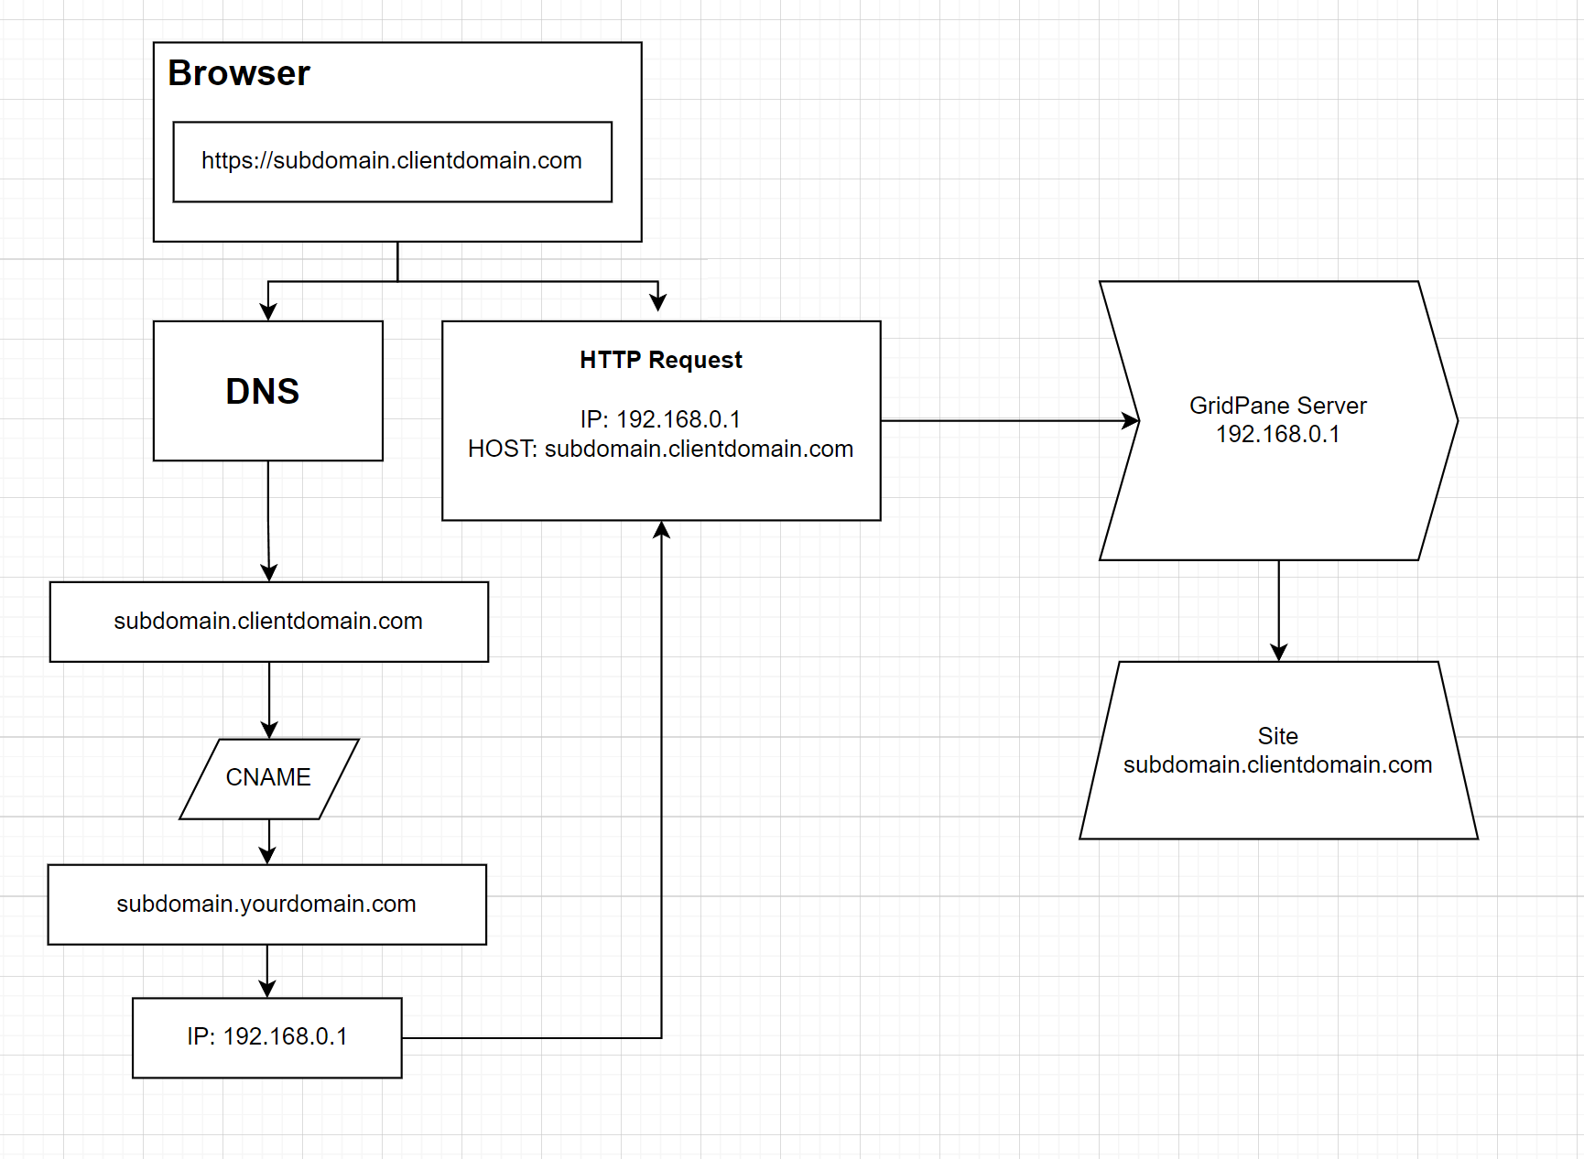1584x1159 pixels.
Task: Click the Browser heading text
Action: (x=239, y=73)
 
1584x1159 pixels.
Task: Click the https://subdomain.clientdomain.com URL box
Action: (x=392, y=161)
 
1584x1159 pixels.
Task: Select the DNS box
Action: (x=267, y=391)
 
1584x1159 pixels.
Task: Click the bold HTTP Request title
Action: (x=660, y=360)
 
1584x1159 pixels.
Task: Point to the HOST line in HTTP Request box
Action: (x=660, y=449)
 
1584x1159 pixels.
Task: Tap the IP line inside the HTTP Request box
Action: (x=660, y=419)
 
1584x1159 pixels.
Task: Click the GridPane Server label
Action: (x=1277, y=406)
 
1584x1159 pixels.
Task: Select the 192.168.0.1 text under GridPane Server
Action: (x=1277, y=434)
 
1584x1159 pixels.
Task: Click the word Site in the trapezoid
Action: (x=1277, y=736)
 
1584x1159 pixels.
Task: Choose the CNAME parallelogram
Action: (x=268, y=778)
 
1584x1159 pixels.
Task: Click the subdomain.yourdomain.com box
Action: (x=266, y=904)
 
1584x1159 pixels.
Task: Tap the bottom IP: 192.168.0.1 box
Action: (x=266, y=1037)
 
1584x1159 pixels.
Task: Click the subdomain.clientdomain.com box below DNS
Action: (x=268, y=622)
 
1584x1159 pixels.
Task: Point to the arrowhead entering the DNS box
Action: (x=268, y=311)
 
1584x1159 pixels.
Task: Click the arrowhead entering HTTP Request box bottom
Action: (x=661, y=530)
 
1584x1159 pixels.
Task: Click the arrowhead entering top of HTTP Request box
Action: (x=657, y=302)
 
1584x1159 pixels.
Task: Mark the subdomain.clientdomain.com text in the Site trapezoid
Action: (x=1277, y=764)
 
